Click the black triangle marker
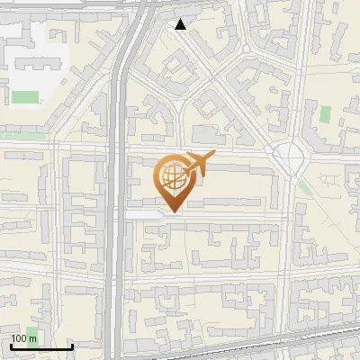[x=181, y=24]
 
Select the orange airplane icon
[x=199, y=164]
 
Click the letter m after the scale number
[x=33, y=338]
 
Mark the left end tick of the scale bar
[x=10, y=346]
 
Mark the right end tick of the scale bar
[x=72, y=346]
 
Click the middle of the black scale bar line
[x=40, y=346]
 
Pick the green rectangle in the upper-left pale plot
[x=25, y=96]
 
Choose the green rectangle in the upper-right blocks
[x=325, y=115]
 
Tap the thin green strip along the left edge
[x=20, y=136]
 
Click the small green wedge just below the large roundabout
[x=303, y=187]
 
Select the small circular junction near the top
[x=246, y=49]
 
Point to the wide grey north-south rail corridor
[x=117, y=225]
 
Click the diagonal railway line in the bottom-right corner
[x=324, y=338]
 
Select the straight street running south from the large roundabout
[x=290, y=252]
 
